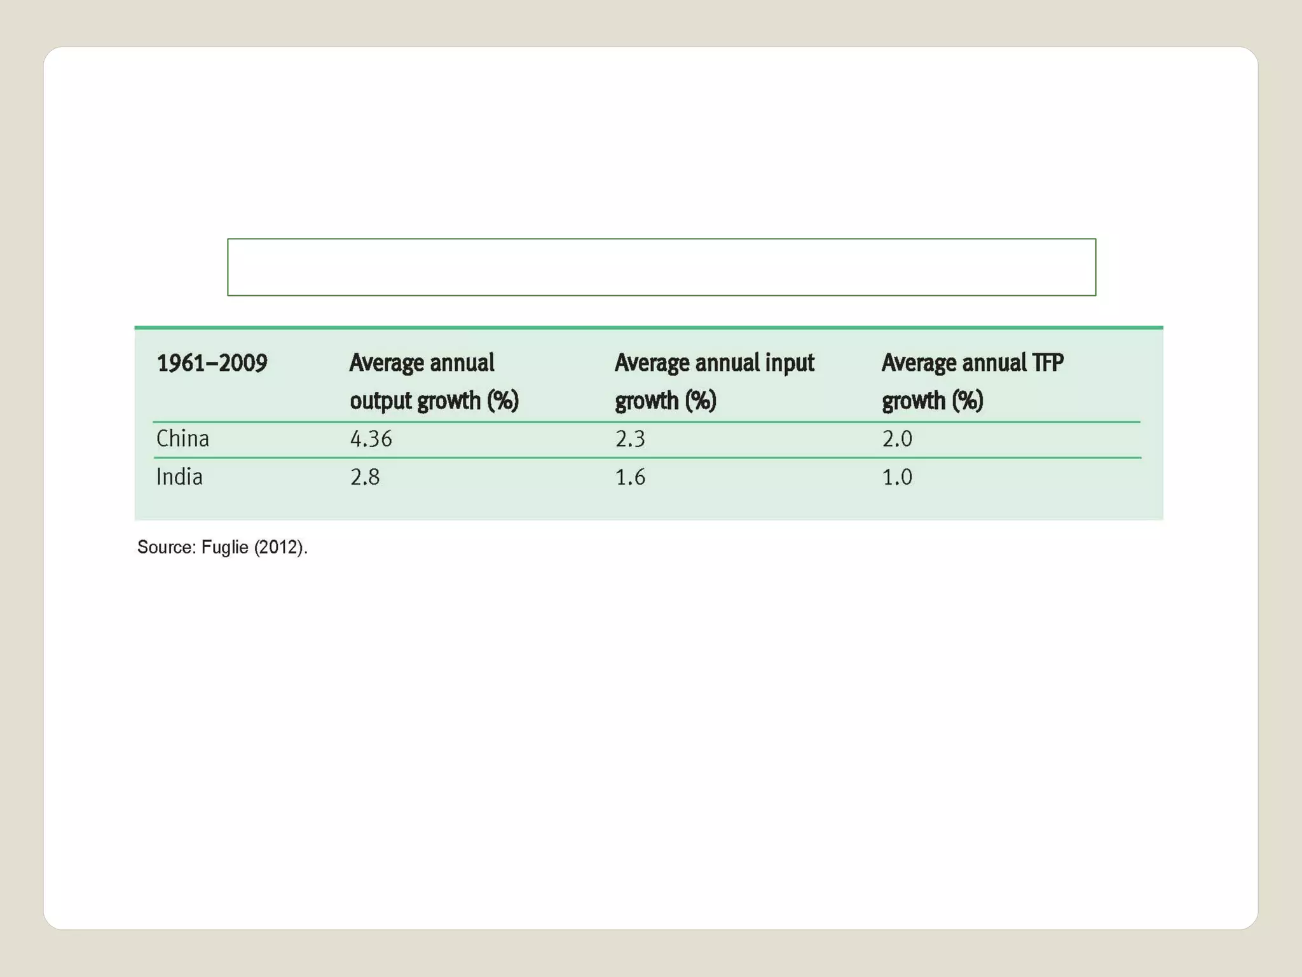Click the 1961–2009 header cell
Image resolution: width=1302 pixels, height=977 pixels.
[212, 363]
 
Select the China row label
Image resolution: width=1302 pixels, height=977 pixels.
[182, 439]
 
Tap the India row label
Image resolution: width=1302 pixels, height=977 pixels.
[179, 477]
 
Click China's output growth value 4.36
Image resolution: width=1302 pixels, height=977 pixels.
[371, 439]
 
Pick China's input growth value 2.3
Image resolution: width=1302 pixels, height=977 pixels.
[630, 439]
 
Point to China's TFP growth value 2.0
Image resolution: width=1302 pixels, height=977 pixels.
[897, 439]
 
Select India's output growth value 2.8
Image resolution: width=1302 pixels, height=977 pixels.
[365, 477]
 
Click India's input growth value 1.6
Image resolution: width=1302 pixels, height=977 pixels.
[630, 477]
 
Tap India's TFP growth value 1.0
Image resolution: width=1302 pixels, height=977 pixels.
[897, 477]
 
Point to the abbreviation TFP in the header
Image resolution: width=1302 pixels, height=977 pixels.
[1047, 363]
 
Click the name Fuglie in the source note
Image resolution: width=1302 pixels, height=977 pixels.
[224, 548]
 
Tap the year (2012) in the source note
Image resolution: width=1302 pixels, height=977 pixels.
[278, 548]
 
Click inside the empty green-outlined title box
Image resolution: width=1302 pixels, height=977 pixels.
[661, 267]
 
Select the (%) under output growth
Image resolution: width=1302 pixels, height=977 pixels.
[503, 401]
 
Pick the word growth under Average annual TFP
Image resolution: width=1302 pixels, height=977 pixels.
[914, 401]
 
